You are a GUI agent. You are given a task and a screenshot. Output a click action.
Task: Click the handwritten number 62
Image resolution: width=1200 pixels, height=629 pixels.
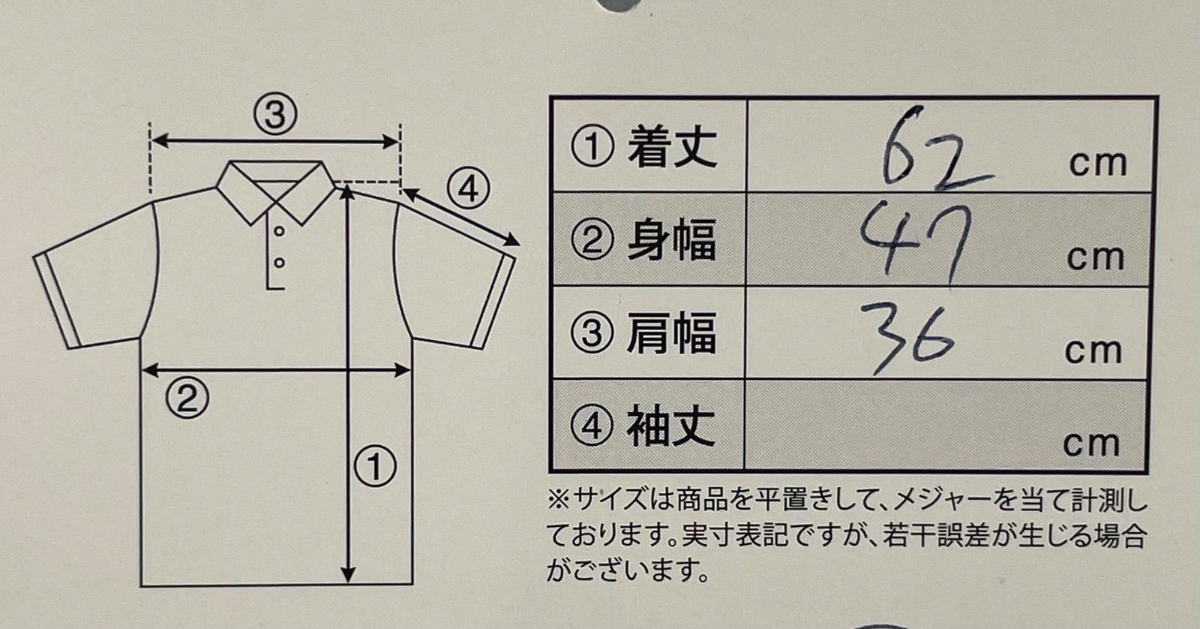click(x=934, y=150)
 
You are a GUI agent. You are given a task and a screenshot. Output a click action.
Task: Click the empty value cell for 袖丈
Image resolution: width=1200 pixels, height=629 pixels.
click(x=946, y=426)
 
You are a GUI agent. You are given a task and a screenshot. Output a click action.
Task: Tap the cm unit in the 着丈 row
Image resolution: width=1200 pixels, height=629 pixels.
click(x=1098, y=164)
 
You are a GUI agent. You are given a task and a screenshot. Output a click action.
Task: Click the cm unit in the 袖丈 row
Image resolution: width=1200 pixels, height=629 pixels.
click(x=1091, y=444)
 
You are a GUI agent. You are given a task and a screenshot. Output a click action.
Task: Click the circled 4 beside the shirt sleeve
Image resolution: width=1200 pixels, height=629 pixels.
click(x=468, y=189)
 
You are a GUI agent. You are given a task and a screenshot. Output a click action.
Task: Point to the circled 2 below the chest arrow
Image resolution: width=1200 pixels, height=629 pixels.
click(x=187, y=399)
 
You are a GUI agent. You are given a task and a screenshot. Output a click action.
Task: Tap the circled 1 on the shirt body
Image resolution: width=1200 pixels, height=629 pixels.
click(x=376, y=467)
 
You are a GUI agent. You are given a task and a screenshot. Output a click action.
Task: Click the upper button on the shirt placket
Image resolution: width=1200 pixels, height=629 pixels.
click(x=279, y=231)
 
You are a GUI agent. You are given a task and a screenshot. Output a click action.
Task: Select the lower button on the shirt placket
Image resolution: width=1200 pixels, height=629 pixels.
click(x=279, y=263)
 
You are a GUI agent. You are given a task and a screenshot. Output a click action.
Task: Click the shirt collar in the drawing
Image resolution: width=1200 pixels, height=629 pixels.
click(x=276, y=191)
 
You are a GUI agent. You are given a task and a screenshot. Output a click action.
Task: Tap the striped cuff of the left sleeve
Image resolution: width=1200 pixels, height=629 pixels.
click(x=57, y=302)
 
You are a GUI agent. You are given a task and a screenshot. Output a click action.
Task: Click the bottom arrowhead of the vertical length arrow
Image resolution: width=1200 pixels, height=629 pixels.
click(x=348, y=573)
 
